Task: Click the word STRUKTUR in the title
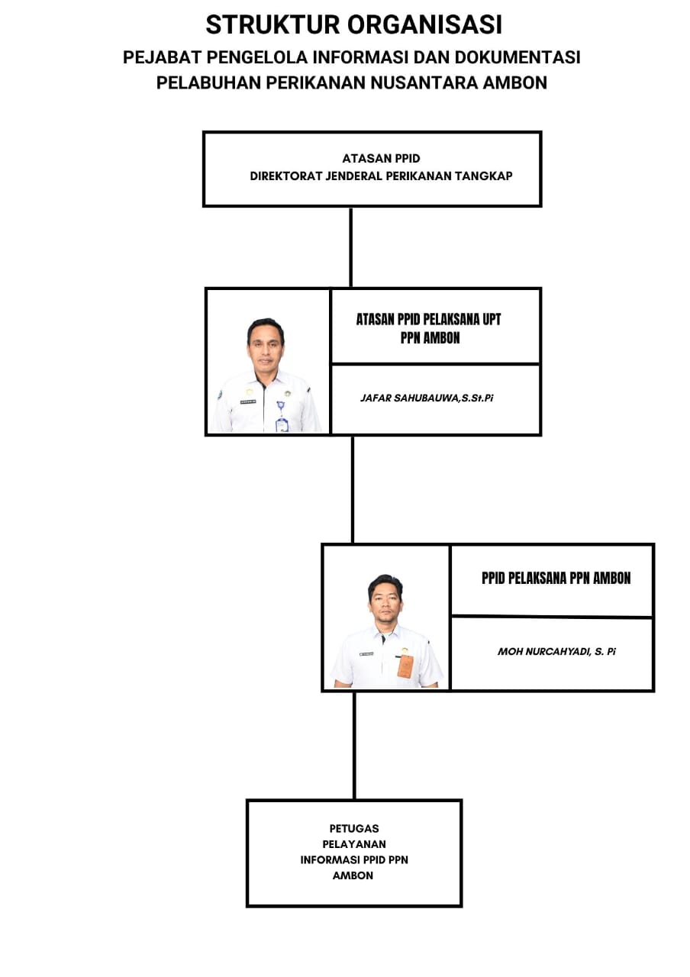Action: tap(272, 24)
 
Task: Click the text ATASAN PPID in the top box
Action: tap(381, 158)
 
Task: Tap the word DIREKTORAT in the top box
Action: tap(286, 176)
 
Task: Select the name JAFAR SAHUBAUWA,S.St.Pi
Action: tap(427, 398)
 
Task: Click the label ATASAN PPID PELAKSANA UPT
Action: tap(428, 319)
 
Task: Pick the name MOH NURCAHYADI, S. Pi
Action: tap(556, 651)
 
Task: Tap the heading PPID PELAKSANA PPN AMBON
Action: tap(556, 578)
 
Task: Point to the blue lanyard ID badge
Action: tap(282, 417)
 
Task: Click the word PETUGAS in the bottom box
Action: tap(353, 828)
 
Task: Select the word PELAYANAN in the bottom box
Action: tap(353, 844)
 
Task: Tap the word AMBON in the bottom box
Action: tap(353, 875)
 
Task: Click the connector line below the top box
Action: tap(350, 247)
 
